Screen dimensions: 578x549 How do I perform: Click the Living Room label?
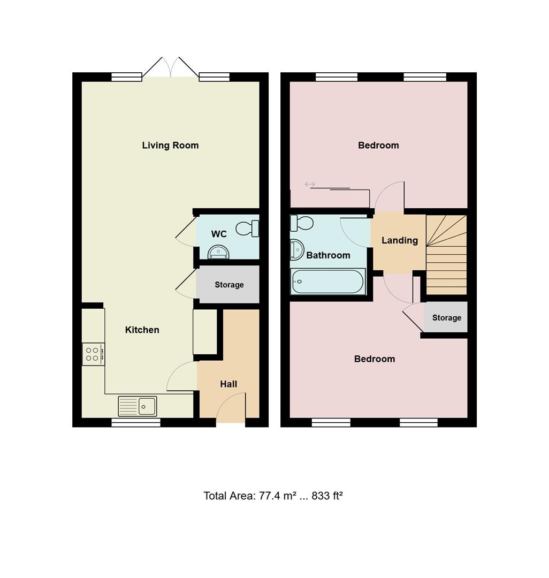tap(170, 145)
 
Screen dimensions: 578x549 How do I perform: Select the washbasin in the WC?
tap(218, 252)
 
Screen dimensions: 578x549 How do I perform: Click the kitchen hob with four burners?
tap(93, 354)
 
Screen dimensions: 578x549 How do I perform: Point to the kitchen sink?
tap(138, 406)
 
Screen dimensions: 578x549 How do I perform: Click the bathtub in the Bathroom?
tap(328, 281)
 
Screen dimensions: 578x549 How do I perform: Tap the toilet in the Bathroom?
tap(301, 222)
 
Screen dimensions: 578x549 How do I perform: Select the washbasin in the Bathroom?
tap(295, 249)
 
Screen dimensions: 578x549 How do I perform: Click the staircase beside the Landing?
tap(446, 254)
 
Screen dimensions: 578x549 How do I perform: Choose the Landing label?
tap(400, 240)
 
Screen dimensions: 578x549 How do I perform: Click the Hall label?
tap(228, 384)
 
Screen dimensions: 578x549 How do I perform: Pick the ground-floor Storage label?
tap(229, 285)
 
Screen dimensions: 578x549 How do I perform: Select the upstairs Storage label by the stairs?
tap(446, 317)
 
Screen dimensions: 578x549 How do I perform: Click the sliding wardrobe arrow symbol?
tap(310, 185)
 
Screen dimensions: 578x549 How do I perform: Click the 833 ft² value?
tap(327, 496)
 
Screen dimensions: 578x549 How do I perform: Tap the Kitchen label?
tap(142, 330)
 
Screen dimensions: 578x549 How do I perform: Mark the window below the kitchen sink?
tap(136, 423)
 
